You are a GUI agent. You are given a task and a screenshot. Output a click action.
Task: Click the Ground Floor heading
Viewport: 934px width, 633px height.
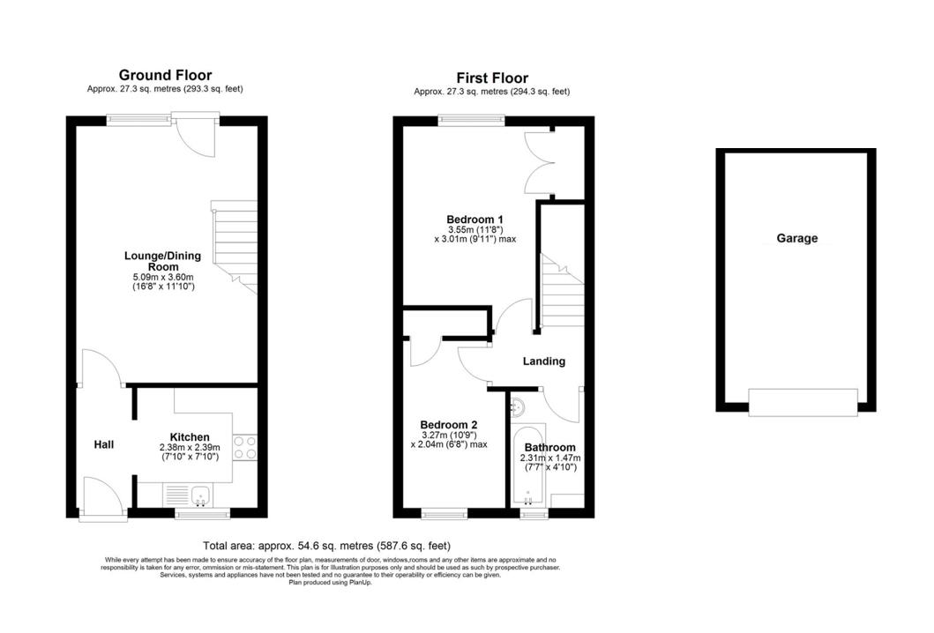pos(165,75)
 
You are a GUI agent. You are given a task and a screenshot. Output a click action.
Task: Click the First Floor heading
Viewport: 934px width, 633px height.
pos(492,78)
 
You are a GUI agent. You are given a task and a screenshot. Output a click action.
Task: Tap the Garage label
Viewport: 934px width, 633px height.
pos(796,238)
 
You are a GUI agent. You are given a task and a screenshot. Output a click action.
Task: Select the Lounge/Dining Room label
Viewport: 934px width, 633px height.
pos(162,261)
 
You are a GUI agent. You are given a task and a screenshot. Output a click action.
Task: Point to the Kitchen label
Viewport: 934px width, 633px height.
pos(190,437)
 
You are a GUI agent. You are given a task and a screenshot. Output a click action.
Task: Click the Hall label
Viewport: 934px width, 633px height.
pos(104,444)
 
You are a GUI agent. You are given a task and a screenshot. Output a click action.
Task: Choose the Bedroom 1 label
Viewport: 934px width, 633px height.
pos(474,220)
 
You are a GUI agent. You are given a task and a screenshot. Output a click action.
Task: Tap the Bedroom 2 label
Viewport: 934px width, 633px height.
pos(449,423)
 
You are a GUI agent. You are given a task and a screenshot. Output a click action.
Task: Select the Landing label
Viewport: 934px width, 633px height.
pos(543,361)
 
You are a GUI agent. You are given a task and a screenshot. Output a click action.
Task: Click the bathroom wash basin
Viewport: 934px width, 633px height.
pos(518,406)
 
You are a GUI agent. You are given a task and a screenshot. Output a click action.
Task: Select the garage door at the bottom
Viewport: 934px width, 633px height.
pos(802,402)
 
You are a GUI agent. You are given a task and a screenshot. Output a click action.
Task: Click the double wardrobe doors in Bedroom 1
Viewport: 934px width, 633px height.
pos(538,163)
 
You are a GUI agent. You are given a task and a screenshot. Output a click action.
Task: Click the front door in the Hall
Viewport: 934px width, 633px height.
pos(101,498)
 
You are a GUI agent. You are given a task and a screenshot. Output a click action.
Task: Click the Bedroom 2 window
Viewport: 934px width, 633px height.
pos(445,512)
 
